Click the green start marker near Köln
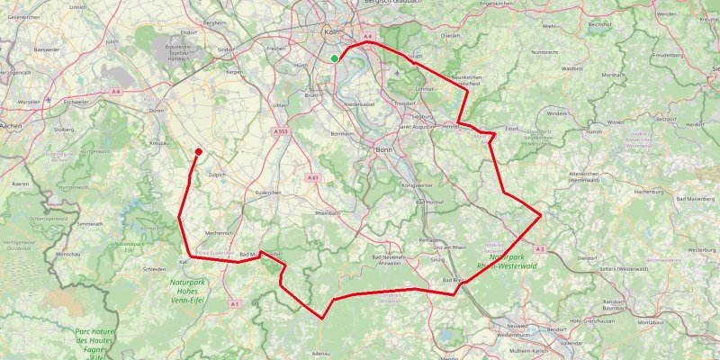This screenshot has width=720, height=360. coord(335,59)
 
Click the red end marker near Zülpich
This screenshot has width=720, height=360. coord(198,151)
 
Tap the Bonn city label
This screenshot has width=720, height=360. coord(382,148)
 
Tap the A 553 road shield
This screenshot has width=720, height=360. coord(281,131)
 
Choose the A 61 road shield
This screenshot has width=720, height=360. coord(313,178)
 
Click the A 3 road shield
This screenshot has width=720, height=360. coord(539,248)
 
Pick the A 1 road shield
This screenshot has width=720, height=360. coord(235,304)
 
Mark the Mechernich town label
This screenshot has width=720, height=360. coord(218,232)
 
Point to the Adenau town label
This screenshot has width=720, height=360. coord(321,354)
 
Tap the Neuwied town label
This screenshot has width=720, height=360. coord(517,326)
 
